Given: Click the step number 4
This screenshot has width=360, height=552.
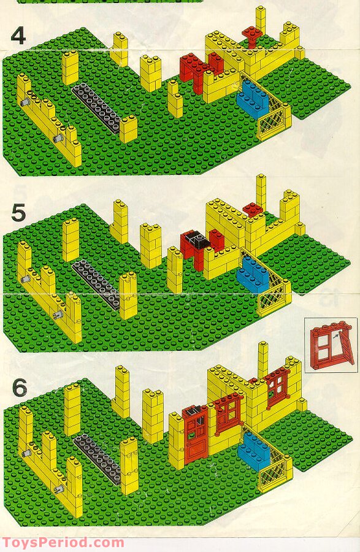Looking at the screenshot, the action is coord(18,36).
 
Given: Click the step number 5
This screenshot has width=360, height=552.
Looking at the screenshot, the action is coord(18,212).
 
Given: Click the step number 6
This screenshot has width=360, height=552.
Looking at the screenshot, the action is coord(20,388).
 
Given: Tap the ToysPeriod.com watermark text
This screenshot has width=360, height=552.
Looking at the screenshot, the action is coord(63,543).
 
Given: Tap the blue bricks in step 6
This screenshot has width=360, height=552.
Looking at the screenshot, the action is coord(254,451).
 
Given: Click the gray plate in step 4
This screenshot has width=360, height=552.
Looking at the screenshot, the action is coord(96,108).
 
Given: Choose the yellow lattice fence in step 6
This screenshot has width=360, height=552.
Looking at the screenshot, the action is coord(272,464).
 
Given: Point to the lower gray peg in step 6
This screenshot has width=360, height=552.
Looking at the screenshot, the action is coord(59,489).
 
